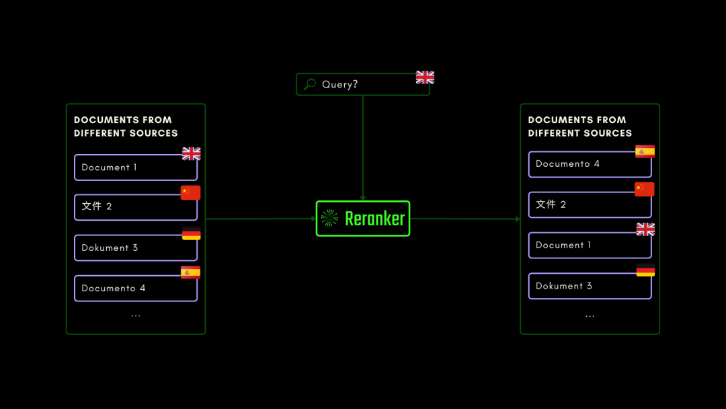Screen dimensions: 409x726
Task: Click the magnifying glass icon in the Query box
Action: pos(310,84)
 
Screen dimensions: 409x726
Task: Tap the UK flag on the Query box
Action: pos(425,77)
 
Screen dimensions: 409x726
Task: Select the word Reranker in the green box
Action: pos(374,219)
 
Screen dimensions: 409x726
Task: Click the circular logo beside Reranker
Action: pos(329,218)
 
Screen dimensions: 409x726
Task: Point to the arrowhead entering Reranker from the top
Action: pos(363,198)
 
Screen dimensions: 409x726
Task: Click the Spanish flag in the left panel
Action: pos(190,272)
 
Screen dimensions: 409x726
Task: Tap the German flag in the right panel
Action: pos(645,271)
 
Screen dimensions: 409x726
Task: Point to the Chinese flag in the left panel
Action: pos(190,193)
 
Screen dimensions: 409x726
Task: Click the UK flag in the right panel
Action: pos(645,229)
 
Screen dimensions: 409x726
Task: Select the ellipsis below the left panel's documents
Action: pos(136,315)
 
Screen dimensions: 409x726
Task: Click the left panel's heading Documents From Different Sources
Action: pos(126,126)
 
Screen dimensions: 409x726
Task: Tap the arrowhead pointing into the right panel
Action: pos(517,219)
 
